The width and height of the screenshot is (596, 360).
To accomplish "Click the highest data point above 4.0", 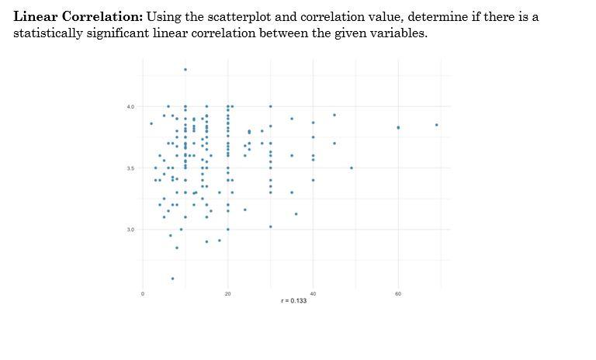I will (x=185, y=70).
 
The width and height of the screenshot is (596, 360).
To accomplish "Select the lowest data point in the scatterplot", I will (x=172, y=279).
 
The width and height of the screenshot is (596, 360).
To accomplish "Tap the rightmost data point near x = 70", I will (x=437, y=125).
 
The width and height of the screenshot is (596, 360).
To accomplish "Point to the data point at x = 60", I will (x=398, y=127).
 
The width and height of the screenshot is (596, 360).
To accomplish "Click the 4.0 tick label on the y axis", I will (x=130, y=106).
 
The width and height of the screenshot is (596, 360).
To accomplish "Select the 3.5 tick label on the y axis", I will (x=130, y=168).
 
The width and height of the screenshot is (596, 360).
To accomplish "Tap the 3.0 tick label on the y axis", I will (x=130, y=230).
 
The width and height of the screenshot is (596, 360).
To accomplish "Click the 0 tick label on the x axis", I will (x=143, y=294).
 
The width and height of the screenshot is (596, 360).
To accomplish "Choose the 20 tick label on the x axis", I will (x=227, y=294).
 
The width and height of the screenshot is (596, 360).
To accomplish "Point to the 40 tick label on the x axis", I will (x=313, y=294).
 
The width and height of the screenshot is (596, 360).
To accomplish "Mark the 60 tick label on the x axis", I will (x=398, y=294).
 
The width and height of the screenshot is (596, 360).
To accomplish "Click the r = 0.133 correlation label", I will (x=293, y=301).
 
